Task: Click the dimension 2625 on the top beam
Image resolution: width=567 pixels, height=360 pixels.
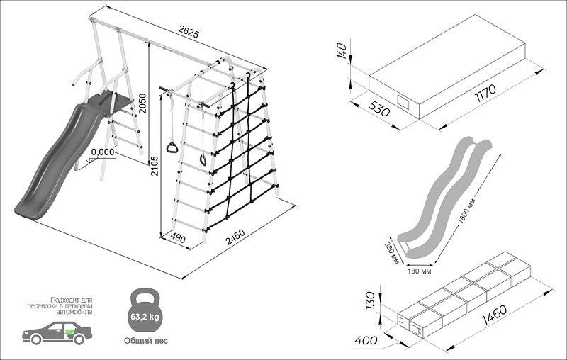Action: pyautogui.click(x=188, y=32)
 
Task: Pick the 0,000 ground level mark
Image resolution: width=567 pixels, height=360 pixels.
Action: pyautogui.click(x=103, y=152)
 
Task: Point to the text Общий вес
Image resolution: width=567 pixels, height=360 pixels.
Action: pyautogui.click(x=145, y=341)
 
